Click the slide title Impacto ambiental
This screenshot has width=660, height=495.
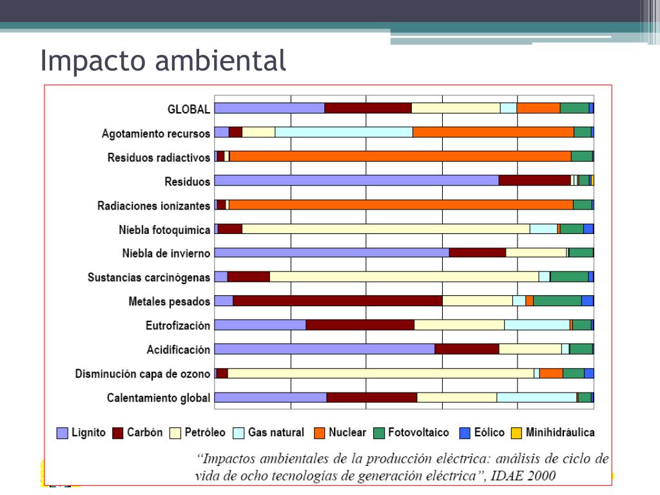(x=162, y=61)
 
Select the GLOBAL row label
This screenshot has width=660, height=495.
(x=188, y=109)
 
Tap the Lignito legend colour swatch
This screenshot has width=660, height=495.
(x=62, y=433)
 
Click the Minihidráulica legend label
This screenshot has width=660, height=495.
(x=560, y=432)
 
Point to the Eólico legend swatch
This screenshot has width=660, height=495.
(x=465, y=433)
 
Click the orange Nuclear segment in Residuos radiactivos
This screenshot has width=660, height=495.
(x=400, y=157)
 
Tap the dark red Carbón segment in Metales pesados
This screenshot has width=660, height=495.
(x=337, y=301)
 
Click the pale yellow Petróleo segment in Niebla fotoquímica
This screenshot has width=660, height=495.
(x=385, y=229)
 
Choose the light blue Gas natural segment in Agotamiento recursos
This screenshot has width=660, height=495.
(x=344, y=132)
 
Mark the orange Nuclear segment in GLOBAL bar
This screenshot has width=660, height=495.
(x=538, y=108)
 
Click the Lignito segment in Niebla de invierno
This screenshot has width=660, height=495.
(x=331, y=253)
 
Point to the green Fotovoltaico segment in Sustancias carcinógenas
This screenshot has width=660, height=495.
(x=568, y=277)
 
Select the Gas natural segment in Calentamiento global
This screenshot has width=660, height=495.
(x=536, y=398)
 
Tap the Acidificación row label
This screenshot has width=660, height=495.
(x=178, y=350)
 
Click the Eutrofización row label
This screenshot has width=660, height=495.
(x=177, y=325)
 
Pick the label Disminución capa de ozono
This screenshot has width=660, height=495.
(x=142, y=374)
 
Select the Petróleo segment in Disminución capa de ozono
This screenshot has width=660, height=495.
(x=380, y=374)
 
